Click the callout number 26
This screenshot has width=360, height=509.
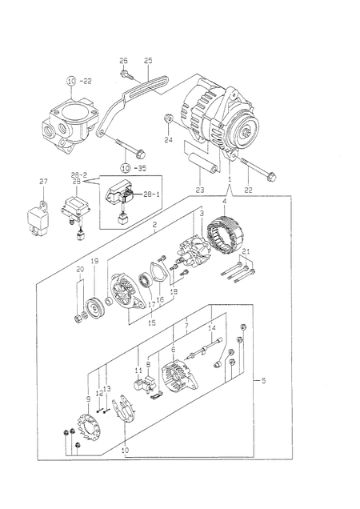click(x=124, y=61)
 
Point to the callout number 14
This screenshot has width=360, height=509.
click(x=211, y=329)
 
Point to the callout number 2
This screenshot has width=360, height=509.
click(x=154, y=226)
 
